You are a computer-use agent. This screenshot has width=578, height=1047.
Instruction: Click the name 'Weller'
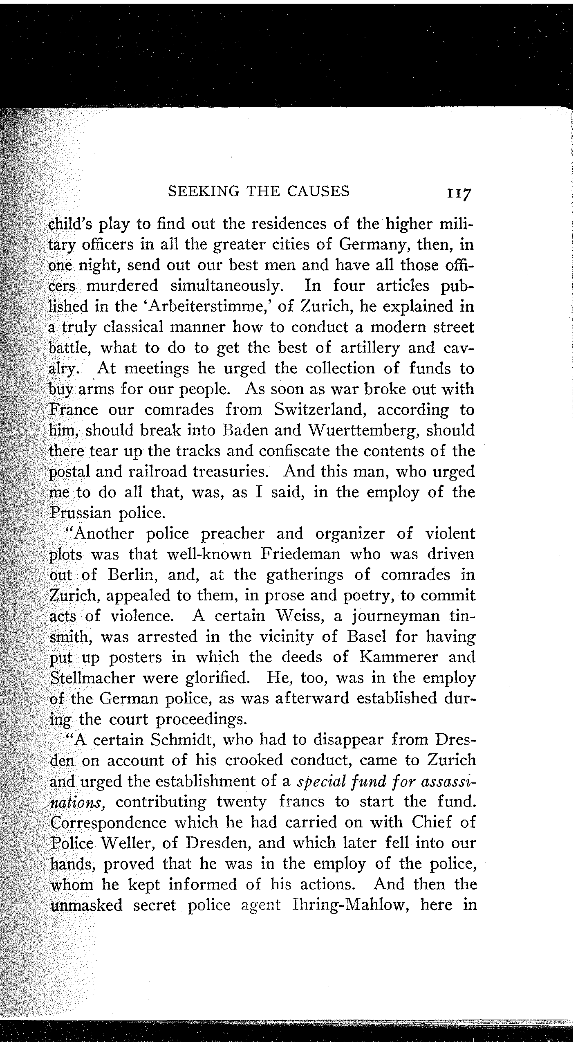tap(127, 843)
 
